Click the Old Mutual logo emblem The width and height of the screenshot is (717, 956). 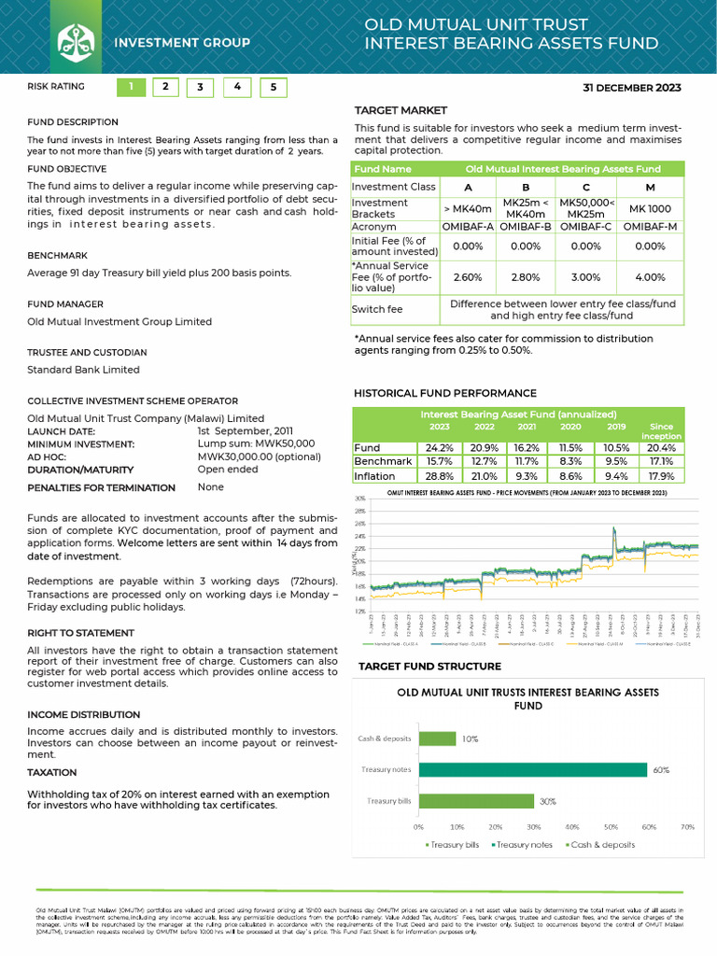tap(76, 42)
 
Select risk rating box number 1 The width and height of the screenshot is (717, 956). tap(131, 88)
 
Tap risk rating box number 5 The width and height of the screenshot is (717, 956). tap(273, 88)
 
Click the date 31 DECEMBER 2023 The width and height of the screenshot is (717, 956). tap(632, 89)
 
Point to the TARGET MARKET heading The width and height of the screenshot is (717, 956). tap(401, 110)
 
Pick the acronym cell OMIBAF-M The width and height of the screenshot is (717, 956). tap(651, 227)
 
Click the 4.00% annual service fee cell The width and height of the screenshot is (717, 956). tap(651, 277)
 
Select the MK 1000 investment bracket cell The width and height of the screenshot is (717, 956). tap(651, 208)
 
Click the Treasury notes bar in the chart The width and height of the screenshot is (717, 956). tap(532, 770)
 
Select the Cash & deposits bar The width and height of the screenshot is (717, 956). tap(437, 738)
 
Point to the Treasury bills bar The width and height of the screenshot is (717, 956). tap(475, 801)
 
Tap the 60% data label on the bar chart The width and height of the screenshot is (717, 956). tap(661, 770)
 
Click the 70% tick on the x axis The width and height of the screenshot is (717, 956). tap(687, 827)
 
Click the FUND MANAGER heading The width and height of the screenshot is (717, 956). tap(65, 304)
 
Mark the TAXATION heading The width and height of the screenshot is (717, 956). tap(52, 773)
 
